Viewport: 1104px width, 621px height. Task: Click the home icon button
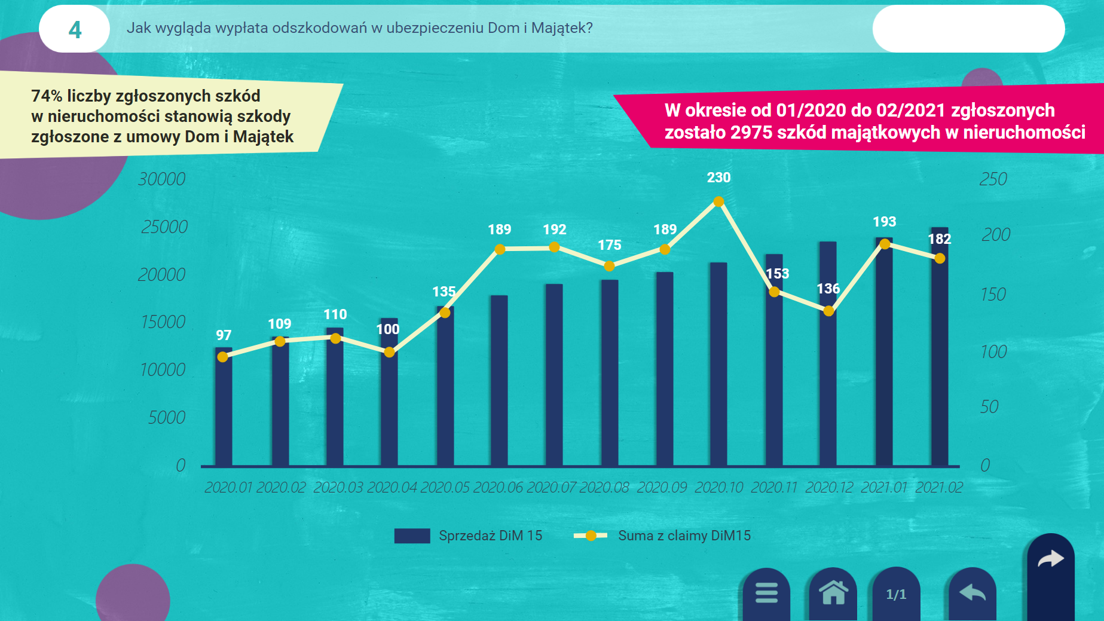pos(833,593)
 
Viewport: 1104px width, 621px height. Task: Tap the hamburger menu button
pos(766,593)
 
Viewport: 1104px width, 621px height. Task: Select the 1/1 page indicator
pos(896,594)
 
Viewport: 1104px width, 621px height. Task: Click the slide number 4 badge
pos(75,29)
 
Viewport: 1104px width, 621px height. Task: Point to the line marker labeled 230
pos(718,202)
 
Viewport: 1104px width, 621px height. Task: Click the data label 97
pos(224,335)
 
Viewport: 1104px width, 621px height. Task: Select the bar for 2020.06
pos(499,380)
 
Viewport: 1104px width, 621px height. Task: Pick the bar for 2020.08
pos(610,372)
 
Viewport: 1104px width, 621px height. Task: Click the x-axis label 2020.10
pos(718,488)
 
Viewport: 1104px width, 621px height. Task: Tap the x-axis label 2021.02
pos(939,488)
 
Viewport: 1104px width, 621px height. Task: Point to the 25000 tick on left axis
pos(164,227)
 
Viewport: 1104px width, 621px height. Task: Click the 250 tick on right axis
pos(993,179)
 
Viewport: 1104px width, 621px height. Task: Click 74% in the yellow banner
pos(47,96)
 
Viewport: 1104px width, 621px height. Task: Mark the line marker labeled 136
pos(828,311)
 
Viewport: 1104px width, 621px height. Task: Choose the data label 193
pos(884,222)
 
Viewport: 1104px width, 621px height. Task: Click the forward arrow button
pos(1050,559)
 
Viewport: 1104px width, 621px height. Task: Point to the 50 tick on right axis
pos(989,407)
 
